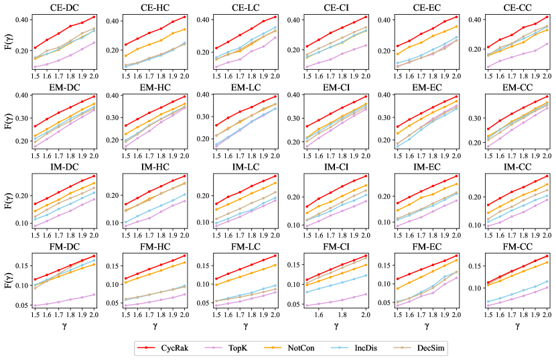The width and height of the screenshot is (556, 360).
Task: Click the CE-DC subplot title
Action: tap(64, 8)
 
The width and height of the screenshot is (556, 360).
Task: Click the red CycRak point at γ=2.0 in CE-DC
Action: tap(94, 17)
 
